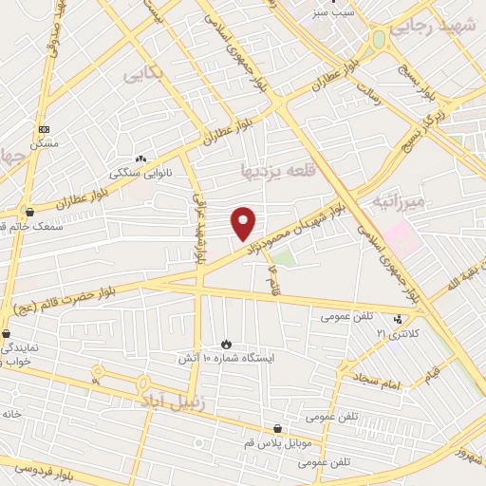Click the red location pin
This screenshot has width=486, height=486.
244,223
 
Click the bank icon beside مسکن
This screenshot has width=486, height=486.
44,128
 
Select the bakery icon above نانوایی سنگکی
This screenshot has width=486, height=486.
140,159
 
